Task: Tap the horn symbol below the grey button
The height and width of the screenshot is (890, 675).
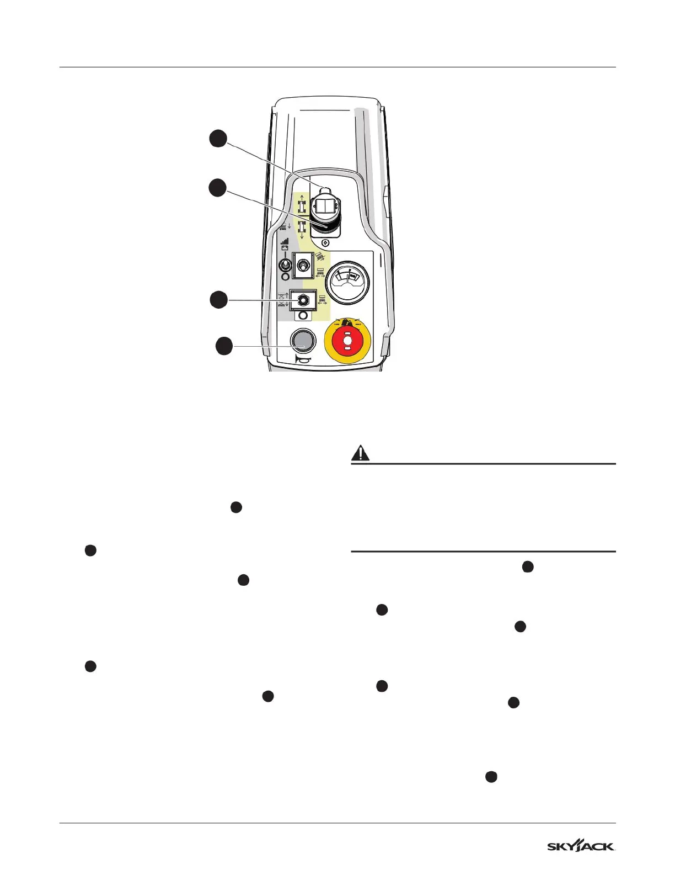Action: tap(302, 361)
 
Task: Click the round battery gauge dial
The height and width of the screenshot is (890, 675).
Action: tap(347, 281)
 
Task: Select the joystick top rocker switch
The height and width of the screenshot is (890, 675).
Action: tap(325, 206)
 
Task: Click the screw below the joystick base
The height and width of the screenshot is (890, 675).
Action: tap(326, 242)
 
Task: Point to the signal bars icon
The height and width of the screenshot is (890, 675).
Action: tap(285, 241)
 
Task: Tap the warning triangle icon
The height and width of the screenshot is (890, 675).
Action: tap(361, 453)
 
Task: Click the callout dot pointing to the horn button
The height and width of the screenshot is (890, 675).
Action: tap(223, 347)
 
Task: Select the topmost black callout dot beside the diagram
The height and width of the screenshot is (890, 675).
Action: tap(218, 139)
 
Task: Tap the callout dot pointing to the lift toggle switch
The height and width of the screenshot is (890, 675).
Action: tap(218, 300)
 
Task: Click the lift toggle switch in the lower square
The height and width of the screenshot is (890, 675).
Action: tap(302, 300)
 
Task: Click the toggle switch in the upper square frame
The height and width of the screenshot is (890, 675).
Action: tap(302, 266)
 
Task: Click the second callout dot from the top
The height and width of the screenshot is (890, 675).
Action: tap(217, 188)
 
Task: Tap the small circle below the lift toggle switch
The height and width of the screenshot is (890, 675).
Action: tap(302, 316)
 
